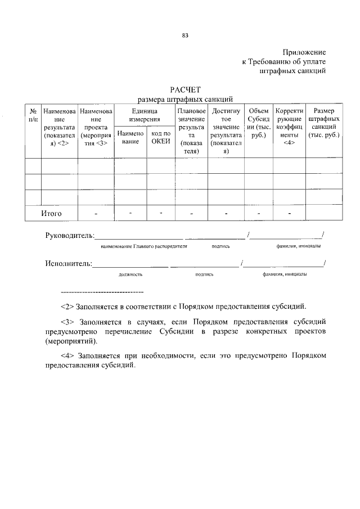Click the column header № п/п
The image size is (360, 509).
point(33,115)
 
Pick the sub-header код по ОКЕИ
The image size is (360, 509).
point(160,137)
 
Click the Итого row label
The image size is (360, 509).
point(51,214)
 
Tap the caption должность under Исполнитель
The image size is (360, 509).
point(130,274)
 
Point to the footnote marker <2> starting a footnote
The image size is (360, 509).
point(68,307)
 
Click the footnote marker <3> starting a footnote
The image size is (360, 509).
point(68,323)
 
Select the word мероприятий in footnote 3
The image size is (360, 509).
point(70,341)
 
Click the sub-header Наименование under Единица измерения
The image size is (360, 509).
point(130,137)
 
